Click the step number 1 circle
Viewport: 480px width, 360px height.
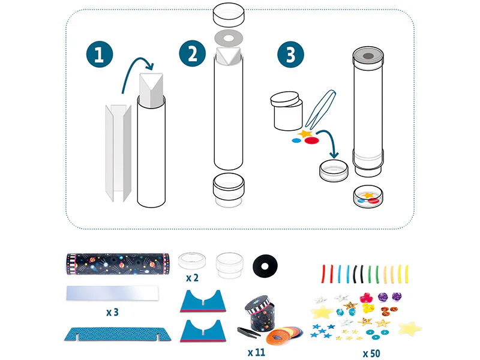pos(100,54)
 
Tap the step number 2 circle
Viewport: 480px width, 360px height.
pos(193,53)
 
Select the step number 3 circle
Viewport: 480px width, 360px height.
pos(290,54)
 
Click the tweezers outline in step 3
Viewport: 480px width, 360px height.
pos(320,110)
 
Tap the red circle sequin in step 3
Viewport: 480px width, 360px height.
pos(312,140)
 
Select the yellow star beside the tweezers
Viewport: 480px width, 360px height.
pos(305,133)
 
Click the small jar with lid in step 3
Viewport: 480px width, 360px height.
pos(287,111)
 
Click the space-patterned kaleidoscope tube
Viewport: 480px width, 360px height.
pos(118,263)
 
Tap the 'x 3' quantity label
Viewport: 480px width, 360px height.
pos(112,312)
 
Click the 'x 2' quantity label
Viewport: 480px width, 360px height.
pos(192,278)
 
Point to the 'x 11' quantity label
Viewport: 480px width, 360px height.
pos(256,352)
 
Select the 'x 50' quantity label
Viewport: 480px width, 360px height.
pos(371,353)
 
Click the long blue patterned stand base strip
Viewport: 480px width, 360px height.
pos(118,334)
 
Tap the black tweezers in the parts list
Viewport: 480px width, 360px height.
pos(248,331)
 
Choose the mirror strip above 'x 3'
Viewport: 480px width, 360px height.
pos(113,293)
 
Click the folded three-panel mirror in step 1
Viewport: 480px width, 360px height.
pos(118,153)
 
